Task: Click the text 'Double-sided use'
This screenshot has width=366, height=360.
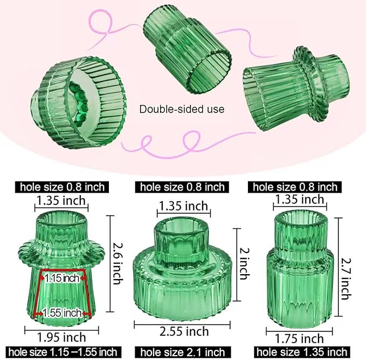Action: click(x=182, y=109)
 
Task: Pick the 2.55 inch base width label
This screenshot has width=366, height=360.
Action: click(x=183, y=330)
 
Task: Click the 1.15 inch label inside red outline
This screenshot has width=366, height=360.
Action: click(x=61, y=279)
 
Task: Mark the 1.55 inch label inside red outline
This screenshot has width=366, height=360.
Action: click(x=63, y=313)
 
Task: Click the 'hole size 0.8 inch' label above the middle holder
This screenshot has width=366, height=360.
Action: click(x=182, y=187)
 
